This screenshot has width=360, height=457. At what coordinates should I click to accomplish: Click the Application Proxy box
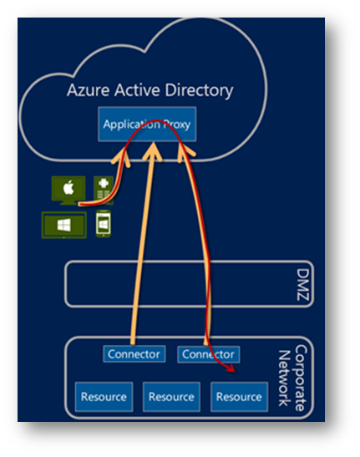point(147,124)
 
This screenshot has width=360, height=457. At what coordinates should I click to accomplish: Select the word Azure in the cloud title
point(88,90)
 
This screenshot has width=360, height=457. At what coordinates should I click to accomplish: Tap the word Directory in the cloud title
point(199,90)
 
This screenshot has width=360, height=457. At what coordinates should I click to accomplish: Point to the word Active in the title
point(137,90)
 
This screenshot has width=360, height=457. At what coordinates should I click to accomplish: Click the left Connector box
point(134,354)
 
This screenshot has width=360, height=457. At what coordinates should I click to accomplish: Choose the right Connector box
point(209,354)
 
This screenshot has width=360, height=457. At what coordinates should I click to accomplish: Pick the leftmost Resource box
point(104,397)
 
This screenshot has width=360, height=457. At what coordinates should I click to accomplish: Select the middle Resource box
point(171,397)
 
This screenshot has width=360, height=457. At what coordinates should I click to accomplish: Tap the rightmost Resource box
point(239,397)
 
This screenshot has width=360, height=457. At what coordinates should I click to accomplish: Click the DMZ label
point(302,284)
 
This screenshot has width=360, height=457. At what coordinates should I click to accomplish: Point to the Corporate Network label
point(292,378)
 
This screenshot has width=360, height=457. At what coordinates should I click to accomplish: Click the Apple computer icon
point(68,190)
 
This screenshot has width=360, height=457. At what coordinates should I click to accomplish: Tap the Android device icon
point(104,190)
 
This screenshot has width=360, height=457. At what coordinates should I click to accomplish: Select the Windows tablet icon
point(64,226)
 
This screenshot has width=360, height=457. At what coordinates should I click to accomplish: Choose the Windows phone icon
point(104,224)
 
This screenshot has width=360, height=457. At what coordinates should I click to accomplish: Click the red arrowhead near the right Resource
point(231,368)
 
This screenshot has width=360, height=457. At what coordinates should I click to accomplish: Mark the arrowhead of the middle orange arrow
point(152,151)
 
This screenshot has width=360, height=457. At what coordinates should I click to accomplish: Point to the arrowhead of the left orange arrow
point(121,156)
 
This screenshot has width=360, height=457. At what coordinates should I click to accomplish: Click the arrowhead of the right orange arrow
point(185,151)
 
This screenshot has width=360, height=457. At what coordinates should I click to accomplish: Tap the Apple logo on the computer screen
point(68,187)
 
